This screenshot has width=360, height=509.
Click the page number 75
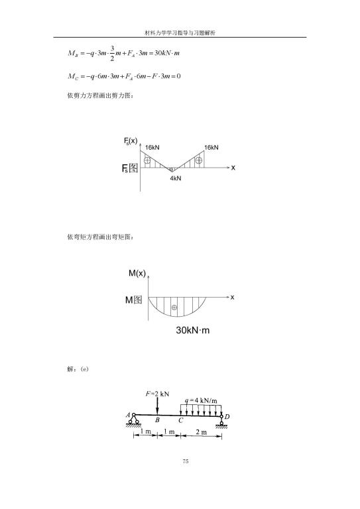coord(186,461)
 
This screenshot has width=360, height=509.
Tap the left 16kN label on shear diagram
coord(152,147)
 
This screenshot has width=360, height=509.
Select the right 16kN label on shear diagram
coord(211,147)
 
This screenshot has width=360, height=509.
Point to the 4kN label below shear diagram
coord(175,178)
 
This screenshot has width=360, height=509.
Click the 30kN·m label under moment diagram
coord(192,330)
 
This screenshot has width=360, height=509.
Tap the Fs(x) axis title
coord(131,141)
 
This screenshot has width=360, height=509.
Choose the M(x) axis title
coord(137,273)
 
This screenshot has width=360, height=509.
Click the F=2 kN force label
coord(157,394)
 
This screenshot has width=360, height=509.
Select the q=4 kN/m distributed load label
coord(201,400)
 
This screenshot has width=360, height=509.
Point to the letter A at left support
coord(128,415)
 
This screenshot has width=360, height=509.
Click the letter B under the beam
coord(157,420)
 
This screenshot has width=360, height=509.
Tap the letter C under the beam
coord(181,420)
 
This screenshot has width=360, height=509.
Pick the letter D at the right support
coord(227,416)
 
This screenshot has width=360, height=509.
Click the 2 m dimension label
coord(201,431)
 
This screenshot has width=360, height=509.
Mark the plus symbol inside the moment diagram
coord(174,307)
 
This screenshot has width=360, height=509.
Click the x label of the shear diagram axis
coord(233,168)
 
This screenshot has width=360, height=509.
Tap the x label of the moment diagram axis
coord(232,297)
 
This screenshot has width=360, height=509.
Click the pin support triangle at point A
coord(133,420)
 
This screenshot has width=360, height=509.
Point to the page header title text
coord(180,32)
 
